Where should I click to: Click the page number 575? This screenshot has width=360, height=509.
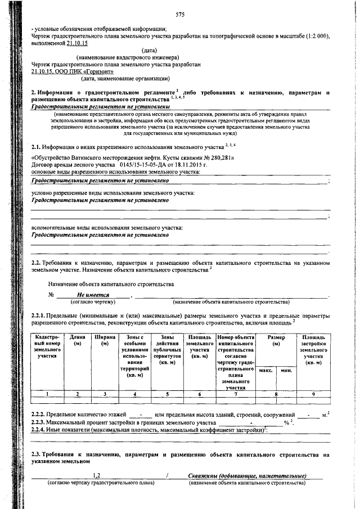pyautogui.click(x=180, y=15)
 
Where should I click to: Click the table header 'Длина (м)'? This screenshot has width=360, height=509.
pyautogui.click(x=78, y=340)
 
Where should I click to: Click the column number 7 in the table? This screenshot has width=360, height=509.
pyautogui.click(x=236, y=394)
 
